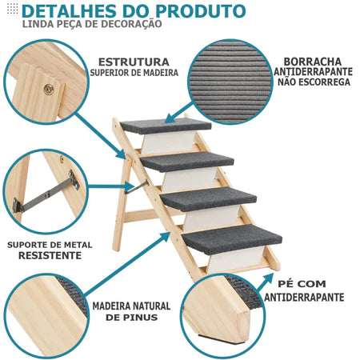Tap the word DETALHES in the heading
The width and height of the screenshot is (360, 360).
pyautogui.click(x=76, y=11)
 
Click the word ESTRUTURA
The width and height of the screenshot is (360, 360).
pyautogui.click(x=134, y=62)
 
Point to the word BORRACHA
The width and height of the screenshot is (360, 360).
pyautogui.click(x=313, y=61)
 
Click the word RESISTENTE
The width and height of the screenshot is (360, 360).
pyautogui.click(x=50, y=255)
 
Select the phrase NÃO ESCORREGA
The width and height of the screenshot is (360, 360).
pyautogui.click(x=313, y=82)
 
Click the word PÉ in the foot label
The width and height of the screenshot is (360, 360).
pyautogui.click(x=289, y=284)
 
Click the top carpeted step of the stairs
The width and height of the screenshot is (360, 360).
pyautogui.click(x=166, y=125)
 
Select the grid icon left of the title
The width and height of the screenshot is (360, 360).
pyautogui.click(x=11, y=11)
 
